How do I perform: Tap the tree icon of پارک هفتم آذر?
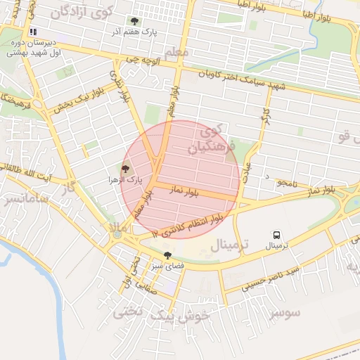[x=135, y=21]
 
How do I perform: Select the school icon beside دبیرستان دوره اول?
[x=32, y=32]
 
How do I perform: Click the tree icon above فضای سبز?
[x=167, y=256]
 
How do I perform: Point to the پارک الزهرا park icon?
[x=126, y=169]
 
